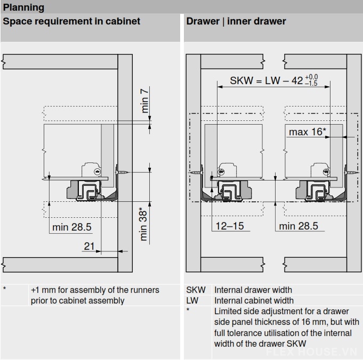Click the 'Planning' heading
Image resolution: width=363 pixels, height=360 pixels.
pyautogui.click(x=24, y=8)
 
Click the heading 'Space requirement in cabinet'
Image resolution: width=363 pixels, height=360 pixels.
pyautogui.click(x=71, y=21)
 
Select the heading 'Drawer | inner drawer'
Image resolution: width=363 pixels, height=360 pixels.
pyautogui.click(x=236, y=21)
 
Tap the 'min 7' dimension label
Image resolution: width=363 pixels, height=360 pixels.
pyautogui.click(x=145, y=100)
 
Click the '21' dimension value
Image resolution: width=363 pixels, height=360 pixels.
pyautogui.click(x=89, y=246)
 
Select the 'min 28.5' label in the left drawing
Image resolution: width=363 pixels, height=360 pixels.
pyautogui.click(x=72, y=227)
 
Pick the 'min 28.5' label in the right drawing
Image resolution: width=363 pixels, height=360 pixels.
pyautogui.click(x=299, y=226)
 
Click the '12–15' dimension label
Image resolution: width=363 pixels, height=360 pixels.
pyautogui.click(x=229, y=226)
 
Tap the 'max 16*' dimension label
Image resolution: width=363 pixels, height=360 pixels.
pyautogui.click(x=308, y=131)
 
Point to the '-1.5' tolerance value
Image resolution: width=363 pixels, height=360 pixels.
pyautogui.click(x=312, y=84)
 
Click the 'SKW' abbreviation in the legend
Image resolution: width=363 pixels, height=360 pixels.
pyautogui.click(x=195, y=290)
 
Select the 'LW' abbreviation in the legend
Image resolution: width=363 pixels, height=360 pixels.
pyautogui.click(x=192, y=300)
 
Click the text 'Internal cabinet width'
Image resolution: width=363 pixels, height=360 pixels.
pyautogui.click(x=254, y=300)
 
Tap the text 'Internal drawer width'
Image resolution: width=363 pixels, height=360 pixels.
pyautogui.click(x=253, y=290)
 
